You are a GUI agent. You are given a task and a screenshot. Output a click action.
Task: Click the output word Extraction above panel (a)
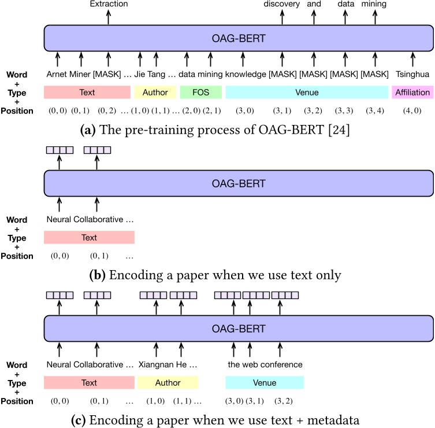point(109,5)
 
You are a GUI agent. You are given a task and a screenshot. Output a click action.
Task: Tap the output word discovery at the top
point(282,5)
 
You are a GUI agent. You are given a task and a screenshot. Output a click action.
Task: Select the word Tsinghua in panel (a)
point(412,74)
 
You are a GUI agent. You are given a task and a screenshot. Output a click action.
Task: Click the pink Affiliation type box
point(412,92)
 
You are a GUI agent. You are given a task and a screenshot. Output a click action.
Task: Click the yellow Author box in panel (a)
point(155,92)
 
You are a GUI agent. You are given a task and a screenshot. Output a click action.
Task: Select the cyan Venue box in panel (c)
point(264,382)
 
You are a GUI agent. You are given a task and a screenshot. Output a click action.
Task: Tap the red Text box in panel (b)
point(89,237)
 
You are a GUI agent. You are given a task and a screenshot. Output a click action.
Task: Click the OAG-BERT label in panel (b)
point(239,184)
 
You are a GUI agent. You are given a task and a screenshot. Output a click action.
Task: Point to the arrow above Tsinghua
point(412,58)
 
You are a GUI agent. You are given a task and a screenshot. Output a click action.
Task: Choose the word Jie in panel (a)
point(140,74)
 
